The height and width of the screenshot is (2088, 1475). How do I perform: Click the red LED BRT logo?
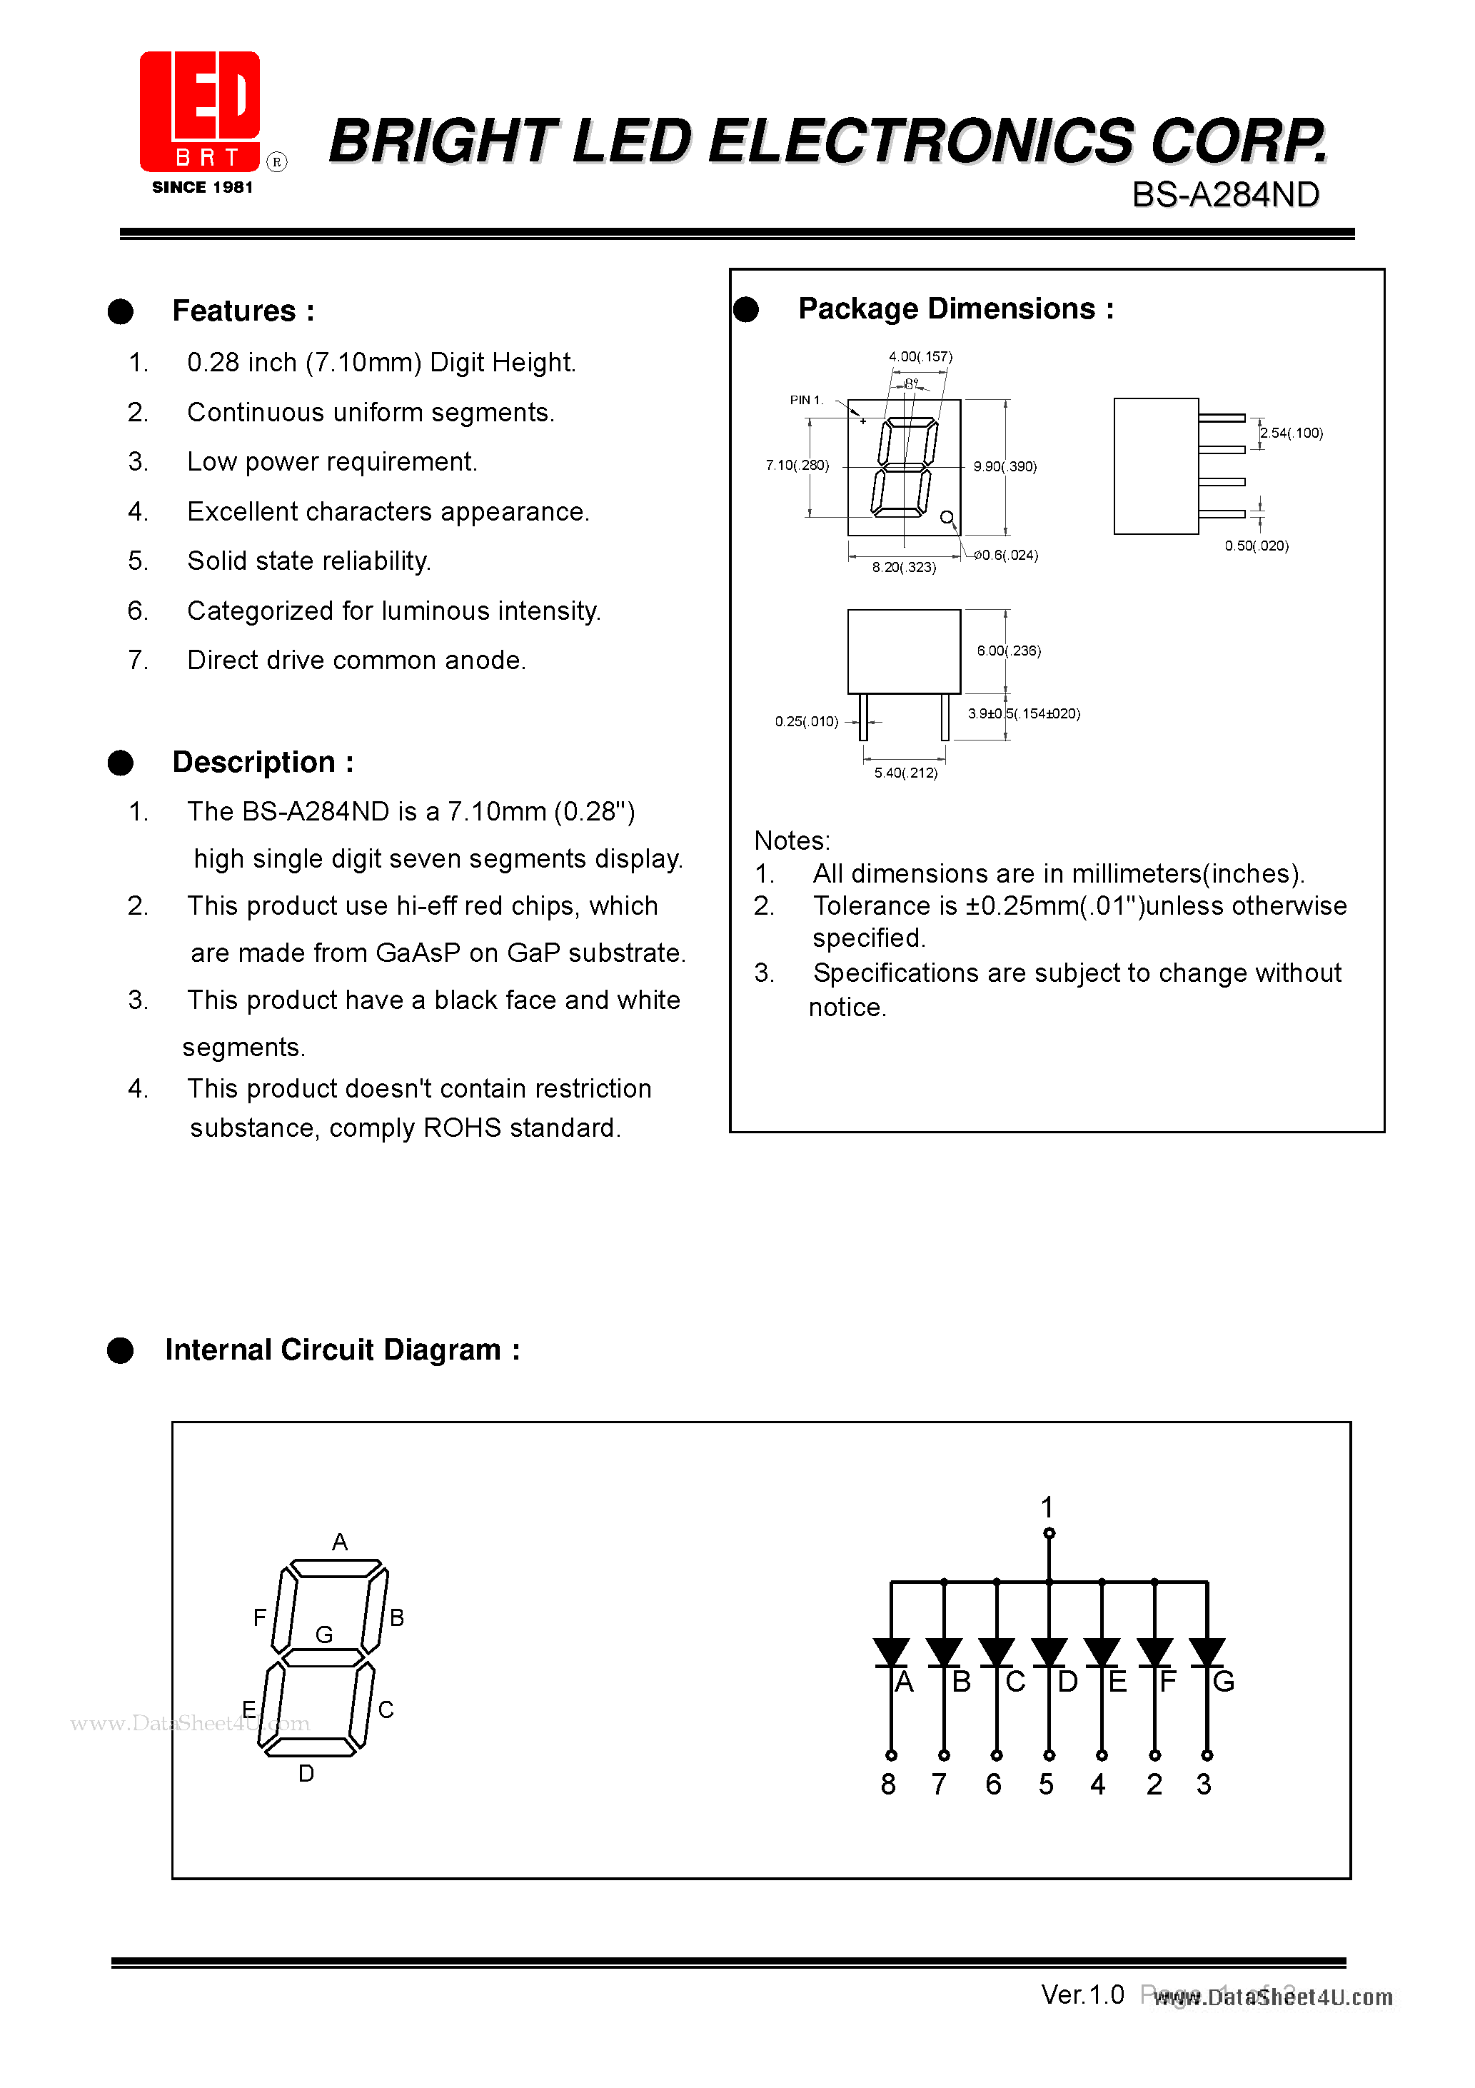pos(200,111)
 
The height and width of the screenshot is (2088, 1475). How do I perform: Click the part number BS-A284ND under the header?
pos(1225,195)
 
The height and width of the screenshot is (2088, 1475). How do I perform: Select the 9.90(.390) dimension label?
pos(1005,466)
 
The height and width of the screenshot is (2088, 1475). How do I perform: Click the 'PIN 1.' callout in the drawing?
pos(806,400)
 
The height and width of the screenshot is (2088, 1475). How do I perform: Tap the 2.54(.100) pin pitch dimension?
pos(1292,433)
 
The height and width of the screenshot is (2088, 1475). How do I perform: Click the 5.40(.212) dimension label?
pos(906,773)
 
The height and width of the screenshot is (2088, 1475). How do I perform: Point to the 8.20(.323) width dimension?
pos(904,568)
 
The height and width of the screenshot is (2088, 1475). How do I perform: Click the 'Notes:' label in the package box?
pos(792,840)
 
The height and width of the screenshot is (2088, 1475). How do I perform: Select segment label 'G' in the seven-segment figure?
pos(323,1635)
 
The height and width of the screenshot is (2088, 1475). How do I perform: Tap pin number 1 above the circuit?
pos(1047,1507)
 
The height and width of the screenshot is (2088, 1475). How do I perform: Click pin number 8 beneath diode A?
pos(888,1785)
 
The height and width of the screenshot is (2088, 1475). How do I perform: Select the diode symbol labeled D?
pos(1049,1652)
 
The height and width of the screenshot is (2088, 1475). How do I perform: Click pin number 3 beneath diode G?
pos(1204,1785)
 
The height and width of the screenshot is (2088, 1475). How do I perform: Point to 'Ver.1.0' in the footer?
pos(1082,1994)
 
